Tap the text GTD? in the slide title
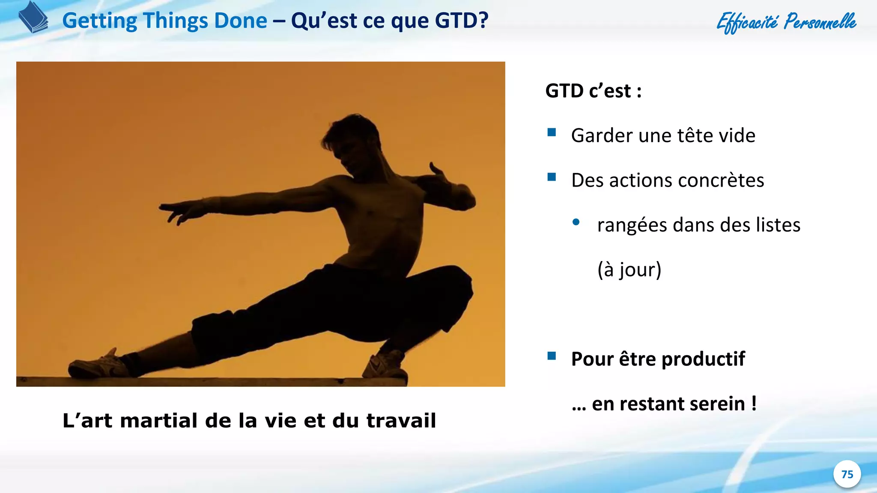[x=462, y=21]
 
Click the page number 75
[x=847, y=474]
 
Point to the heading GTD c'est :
[x=594, y=91]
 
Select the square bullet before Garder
[x=552, y=132]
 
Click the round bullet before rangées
[x=576, y=222]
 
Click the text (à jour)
[x=629, y=270]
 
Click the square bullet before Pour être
[x=552, y=356]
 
